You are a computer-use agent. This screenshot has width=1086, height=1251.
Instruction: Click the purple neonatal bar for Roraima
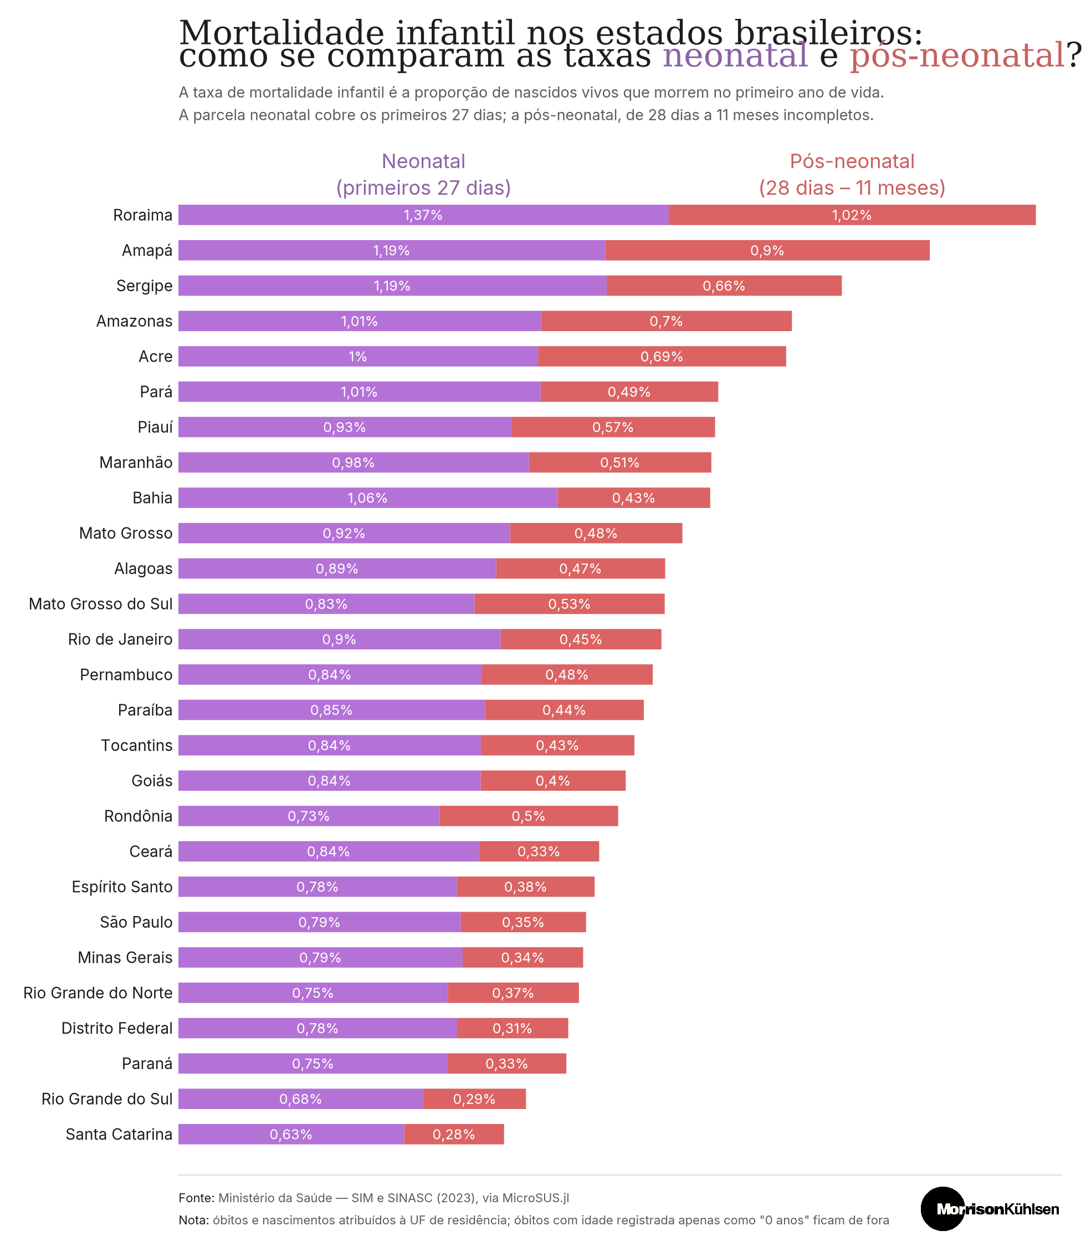point(424,215)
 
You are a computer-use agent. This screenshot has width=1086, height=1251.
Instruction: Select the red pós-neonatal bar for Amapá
point(767,251)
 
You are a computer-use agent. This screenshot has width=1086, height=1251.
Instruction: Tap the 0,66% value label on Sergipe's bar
point(724,286)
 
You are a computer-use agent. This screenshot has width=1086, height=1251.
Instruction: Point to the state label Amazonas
point(135,322)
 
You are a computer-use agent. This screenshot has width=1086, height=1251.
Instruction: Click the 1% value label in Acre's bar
point(357,357)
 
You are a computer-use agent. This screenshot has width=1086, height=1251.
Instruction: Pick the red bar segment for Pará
point(629,391)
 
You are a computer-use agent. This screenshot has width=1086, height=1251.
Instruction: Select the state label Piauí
point(155,428)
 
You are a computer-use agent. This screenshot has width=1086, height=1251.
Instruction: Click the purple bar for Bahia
point(368,498)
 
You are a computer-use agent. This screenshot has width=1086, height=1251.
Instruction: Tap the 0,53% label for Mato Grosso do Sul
point(569,604)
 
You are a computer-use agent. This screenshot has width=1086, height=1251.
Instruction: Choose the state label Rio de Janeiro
point(120,639)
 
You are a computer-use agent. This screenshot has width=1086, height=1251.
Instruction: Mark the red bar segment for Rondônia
point(529,816)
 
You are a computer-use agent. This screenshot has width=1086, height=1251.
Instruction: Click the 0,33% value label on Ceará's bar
point(538,851)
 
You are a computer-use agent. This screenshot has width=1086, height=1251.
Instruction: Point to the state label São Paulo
point(136,922)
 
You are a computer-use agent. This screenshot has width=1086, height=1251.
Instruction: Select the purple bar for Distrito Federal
point(317,1029)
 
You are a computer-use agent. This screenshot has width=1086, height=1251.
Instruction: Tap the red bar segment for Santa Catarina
point(454,1135)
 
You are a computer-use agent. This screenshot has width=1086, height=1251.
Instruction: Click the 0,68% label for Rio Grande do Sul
point(300,1099)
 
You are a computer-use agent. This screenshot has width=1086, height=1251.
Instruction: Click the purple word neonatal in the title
point(735,56)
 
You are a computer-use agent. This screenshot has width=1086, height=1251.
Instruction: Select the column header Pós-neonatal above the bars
point(852,161)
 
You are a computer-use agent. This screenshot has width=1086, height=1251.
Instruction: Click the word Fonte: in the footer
point(196,1198)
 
